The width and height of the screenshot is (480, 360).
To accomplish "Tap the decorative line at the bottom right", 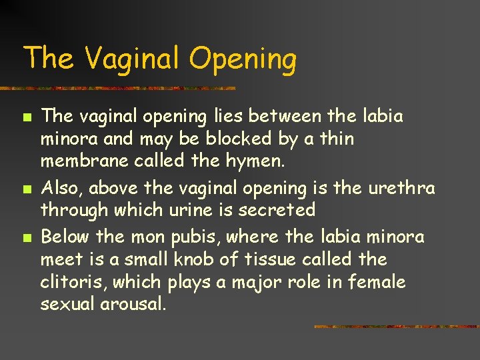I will [396, 327].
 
